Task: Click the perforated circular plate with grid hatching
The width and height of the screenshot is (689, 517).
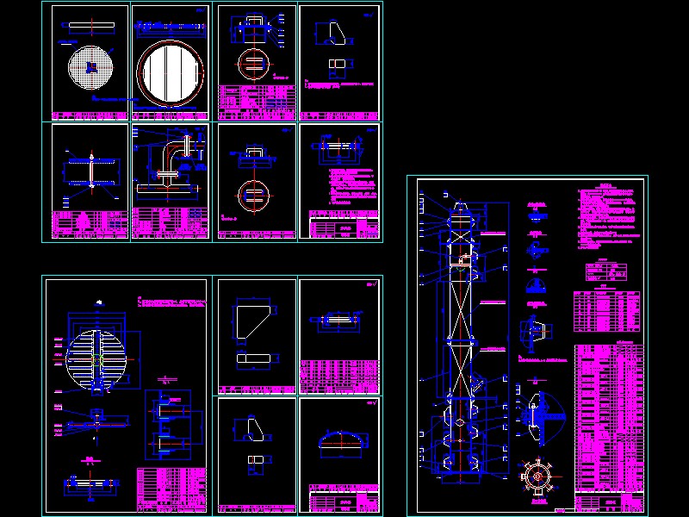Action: click(90, 65)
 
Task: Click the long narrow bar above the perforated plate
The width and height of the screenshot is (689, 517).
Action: click(90, 25)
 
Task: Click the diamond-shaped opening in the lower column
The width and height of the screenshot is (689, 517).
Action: click(462, 422)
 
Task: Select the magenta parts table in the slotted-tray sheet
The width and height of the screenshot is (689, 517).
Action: click(171, 489)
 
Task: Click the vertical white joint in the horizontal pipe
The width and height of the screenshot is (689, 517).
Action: click(91, 171)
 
